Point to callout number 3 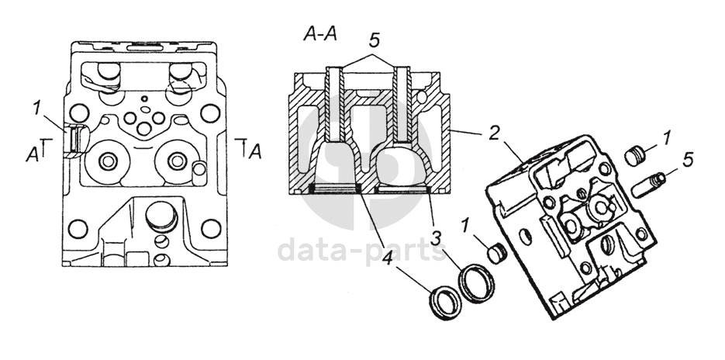pos(437,236)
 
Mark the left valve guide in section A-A pos(335,109)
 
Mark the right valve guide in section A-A pos(403,109)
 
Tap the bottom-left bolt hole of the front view pos(78,229)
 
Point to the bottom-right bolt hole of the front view pos(209,229)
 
